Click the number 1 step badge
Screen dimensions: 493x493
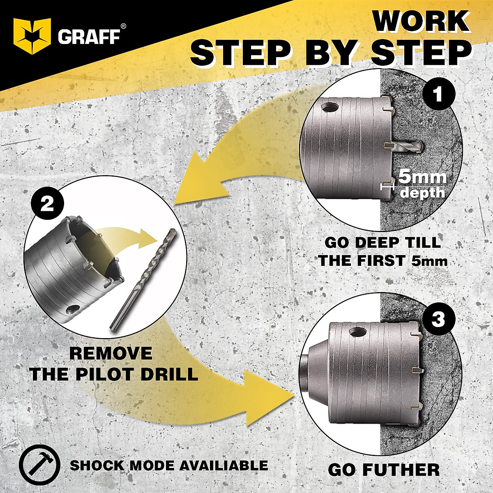point(438,94)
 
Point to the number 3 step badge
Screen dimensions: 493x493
point(438,319)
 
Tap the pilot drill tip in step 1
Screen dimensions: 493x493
point(419,146)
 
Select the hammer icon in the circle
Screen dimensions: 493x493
point(39,465)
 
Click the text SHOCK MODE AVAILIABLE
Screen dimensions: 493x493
point(169,465)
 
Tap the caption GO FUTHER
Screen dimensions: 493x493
point(384,470)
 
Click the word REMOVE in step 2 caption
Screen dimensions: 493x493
point(111,353)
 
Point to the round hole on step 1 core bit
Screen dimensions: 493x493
point(330,108)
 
